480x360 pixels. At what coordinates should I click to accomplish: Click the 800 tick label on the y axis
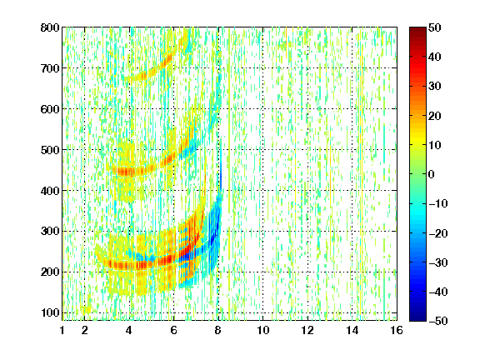tap(50, 27)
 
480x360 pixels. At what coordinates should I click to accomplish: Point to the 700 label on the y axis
tap(50, 68)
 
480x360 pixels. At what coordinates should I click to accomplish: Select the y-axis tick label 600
tap(50, 109)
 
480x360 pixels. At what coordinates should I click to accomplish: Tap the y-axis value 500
tap(50, 150)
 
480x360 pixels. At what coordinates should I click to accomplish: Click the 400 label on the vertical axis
tap(50, 191)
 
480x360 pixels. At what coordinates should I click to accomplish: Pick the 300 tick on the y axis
tap(50, 232)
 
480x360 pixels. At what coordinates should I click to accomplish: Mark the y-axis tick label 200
tap(50, 272)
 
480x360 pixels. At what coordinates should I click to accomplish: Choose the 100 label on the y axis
tap(50, 312)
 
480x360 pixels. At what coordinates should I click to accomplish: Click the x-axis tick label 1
tap(62, 330)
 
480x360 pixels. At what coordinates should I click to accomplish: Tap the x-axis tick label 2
tap(84, 330)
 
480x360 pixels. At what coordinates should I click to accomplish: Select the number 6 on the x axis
tap(173, 330)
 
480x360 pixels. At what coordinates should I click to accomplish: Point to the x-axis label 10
tap(263, 330)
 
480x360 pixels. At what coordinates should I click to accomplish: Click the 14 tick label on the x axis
tap(352, 330)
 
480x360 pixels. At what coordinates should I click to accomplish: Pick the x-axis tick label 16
tap(397, 330)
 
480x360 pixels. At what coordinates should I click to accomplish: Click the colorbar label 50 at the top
tap(434, 27)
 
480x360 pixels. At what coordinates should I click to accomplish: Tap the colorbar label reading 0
tap(432, 174)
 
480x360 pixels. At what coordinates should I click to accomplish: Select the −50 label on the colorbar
tap(438, 321)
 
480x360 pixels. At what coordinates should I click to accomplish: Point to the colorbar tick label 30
tap(434, 87)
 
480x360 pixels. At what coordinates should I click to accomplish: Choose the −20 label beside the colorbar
tap(438, 233)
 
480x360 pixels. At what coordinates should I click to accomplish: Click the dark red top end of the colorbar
tap(417, 29)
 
